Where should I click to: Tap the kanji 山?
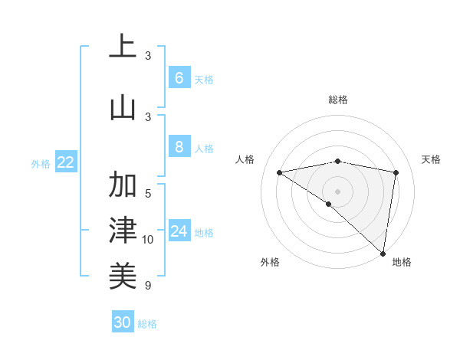(x=123, y=107)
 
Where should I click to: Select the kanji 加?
(x=123, y=185)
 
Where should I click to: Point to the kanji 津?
(x=123, y=229)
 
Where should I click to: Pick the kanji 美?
(x=123, y=274)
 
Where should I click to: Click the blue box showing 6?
(x=179, y=77)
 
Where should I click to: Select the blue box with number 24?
(x=179, y=231)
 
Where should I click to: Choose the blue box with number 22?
(x=66, y=162)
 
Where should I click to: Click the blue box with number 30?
(x=122, y=322)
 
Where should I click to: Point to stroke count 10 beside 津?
(x=148, y=240)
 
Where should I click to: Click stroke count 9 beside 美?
(x=148, y=286)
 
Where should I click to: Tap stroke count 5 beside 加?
(x=148, y=193)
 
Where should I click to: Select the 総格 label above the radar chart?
(x=337, y=100)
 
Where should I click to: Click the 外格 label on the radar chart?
(x=269, y=262)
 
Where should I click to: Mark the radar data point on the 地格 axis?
(x=383, y=253)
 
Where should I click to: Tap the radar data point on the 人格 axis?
(x=280, y=172)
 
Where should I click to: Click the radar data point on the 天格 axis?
(x=396, y=172)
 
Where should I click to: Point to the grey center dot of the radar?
(x=337, y=191)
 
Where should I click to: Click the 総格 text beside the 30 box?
(x=147, y=324)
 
